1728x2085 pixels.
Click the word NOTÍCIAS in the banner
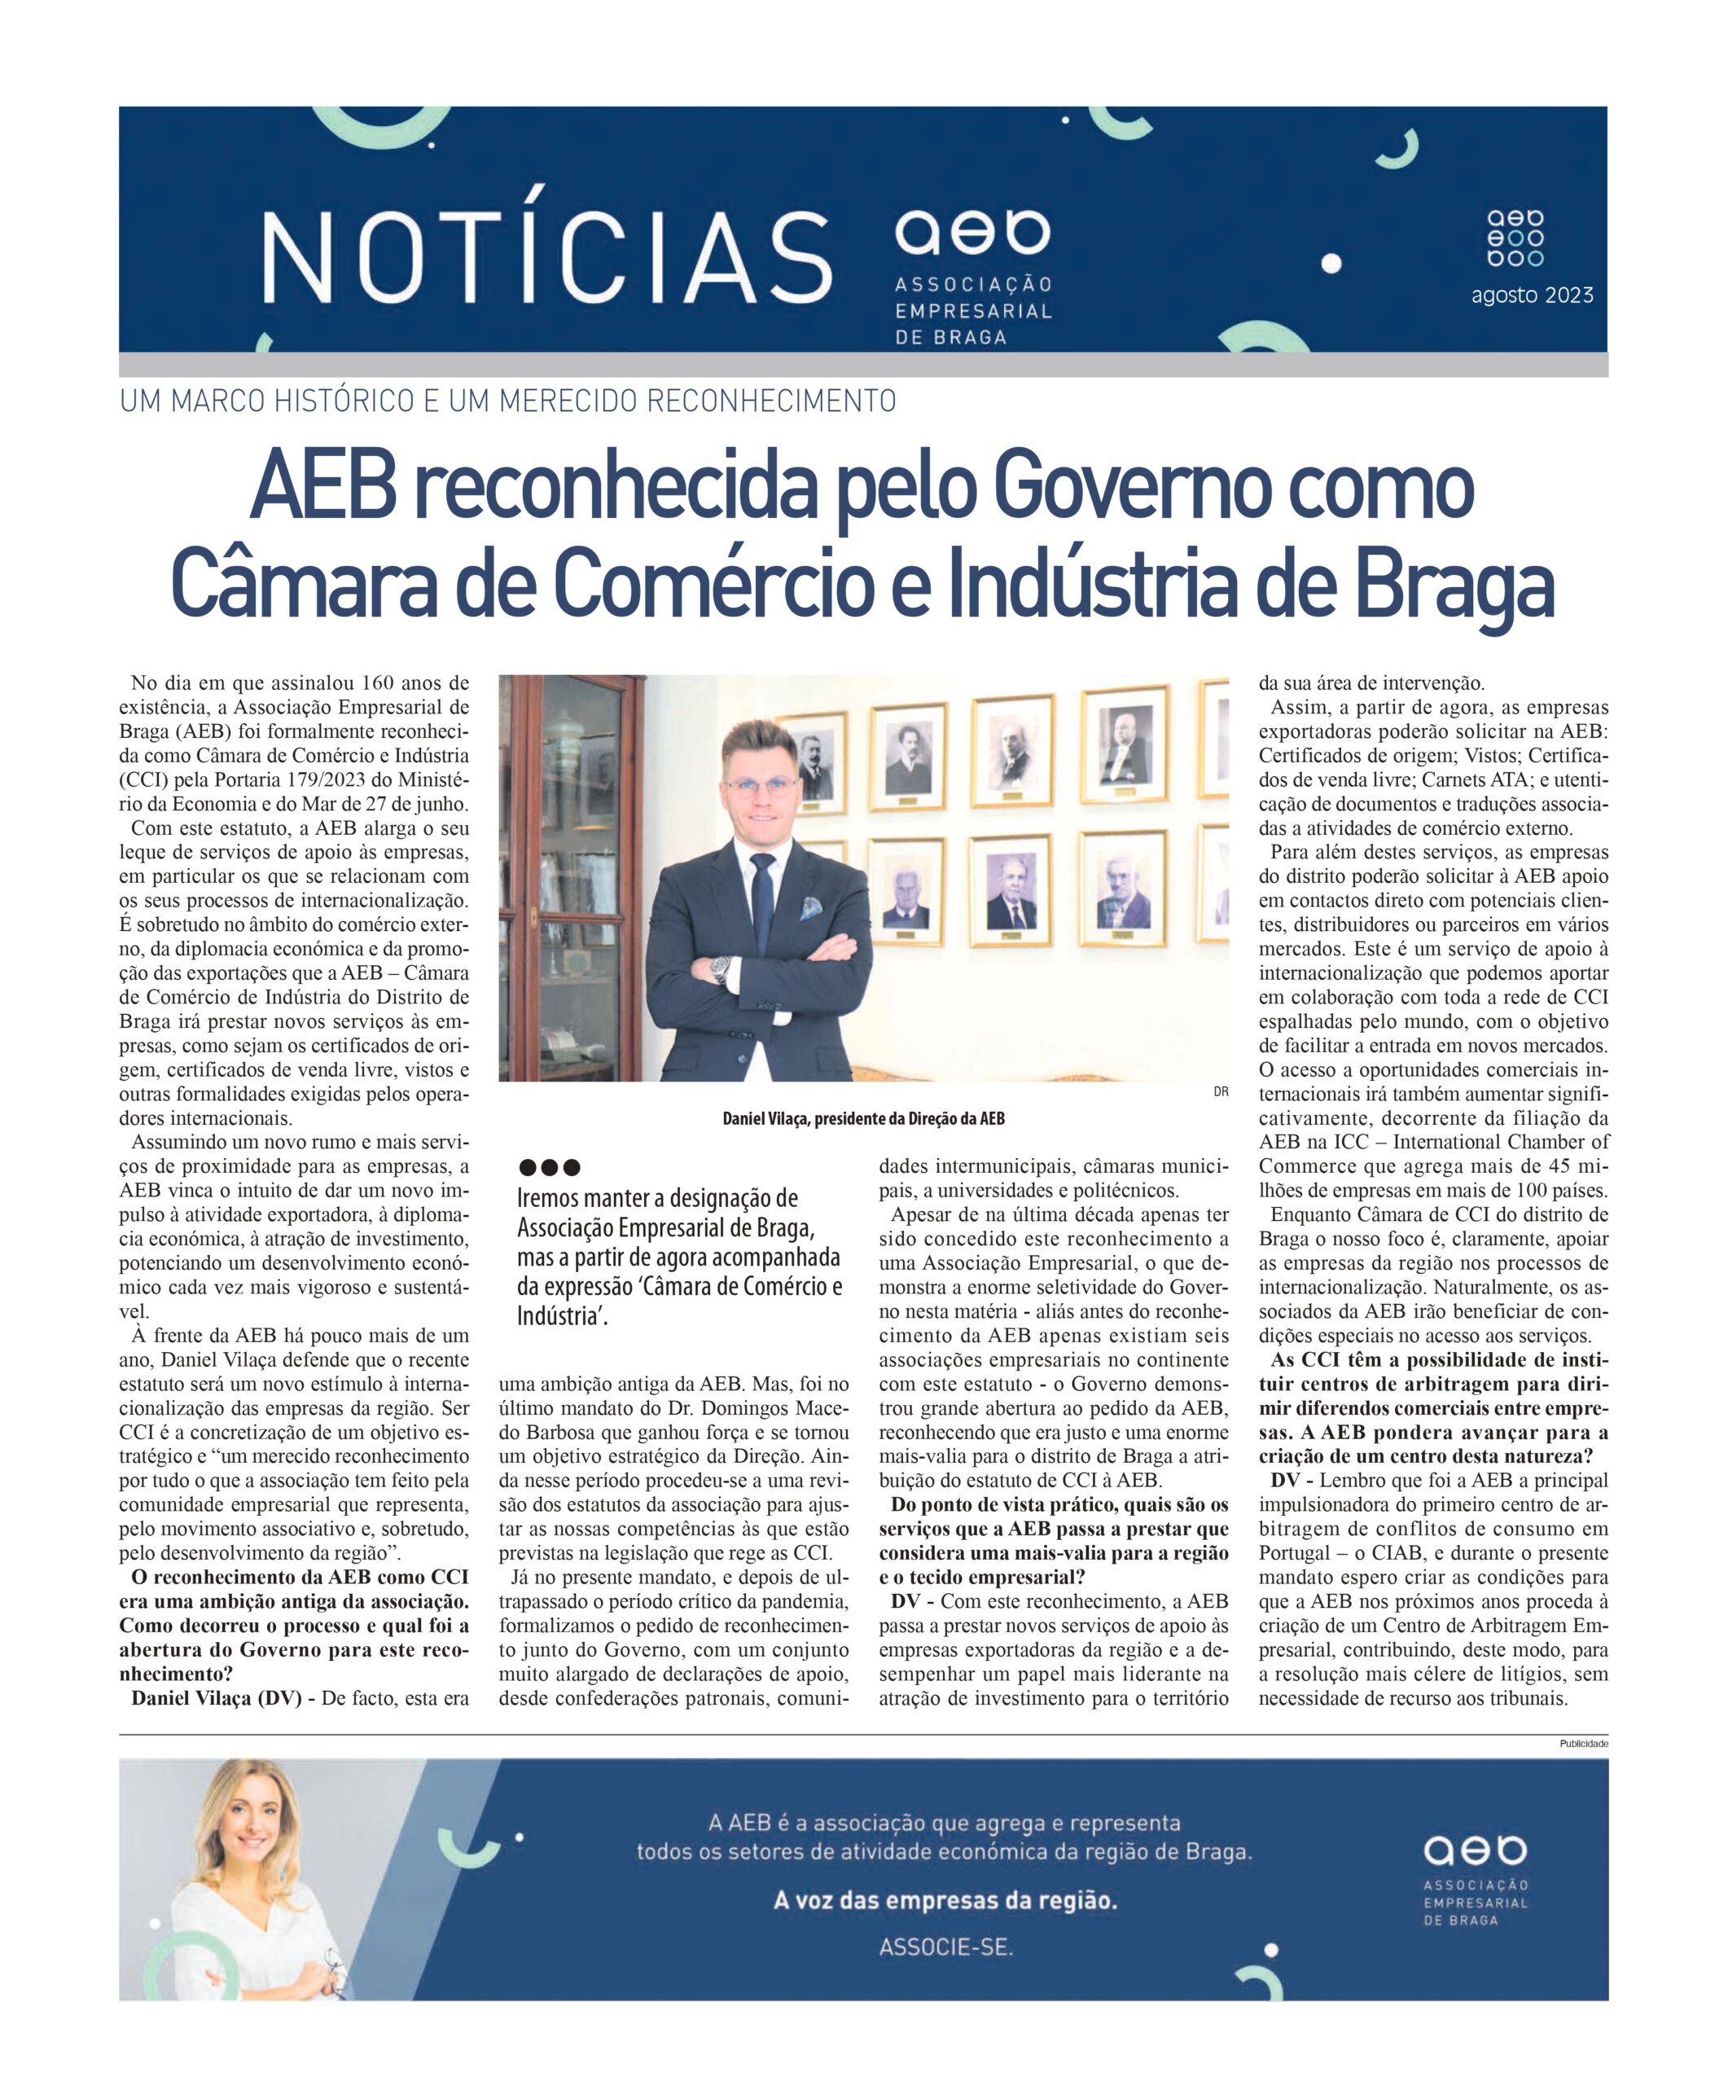pos(546,257)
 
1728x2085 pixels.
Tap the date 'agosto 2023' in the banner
pos(1532,295)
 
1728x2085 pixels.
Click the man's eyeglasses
pos(759,784)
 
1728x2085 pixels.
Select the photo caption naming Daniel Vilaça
pos(863,1119)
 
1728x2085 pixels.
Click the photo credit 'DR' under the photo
pos(1221,1092)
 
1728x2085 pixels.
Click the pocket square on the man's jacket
pos(812,907)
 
